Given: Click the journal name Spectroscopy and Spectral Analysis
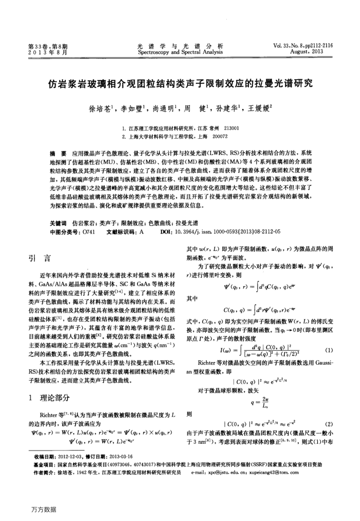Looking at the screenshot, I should pos(179,52).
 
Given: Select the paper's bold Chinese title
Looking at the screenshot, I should pos(179,83).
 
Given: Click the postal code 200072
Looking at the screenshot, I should pos(220,136).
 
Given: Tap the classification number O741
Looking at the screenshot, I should pos(88,232).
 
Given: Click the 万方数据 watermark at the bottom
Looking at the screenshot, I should pos(43,509).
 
